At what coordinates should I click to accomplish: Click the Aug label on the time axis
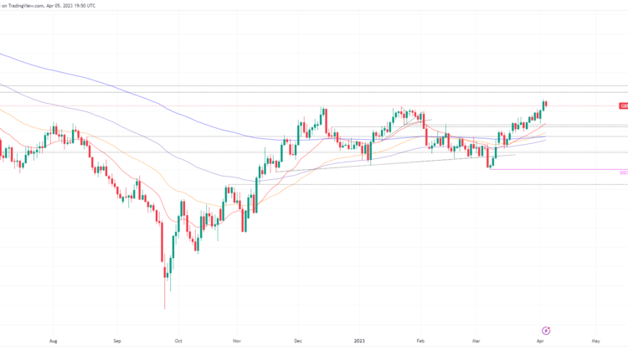(x=53, y=342)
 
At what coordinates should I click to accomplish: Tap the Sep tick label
(x=117, y=342)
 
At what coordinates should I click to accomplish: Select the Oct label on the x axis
(x=178, y=342)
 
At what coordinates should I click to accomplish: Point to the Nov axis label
(x=237, y=342)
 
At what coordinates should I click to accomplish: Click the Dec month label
(x=298, y=342)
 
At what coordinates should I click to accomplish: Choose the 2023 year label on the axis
(x=358, y=342)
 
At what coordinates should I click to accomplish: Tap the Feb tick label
(x=421, y=342)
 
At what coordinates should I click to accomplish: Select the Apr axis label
(x=538, y=342)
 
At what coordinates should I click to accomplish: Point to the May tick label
(x=595, y=342)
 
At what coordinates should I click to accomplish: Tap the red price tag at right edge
(x=623, y=106)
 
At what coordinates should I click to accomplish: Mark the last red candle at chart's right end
(x=546, y=104)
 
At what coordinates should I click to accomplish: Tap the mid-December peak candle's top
(x=323, y=108)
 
